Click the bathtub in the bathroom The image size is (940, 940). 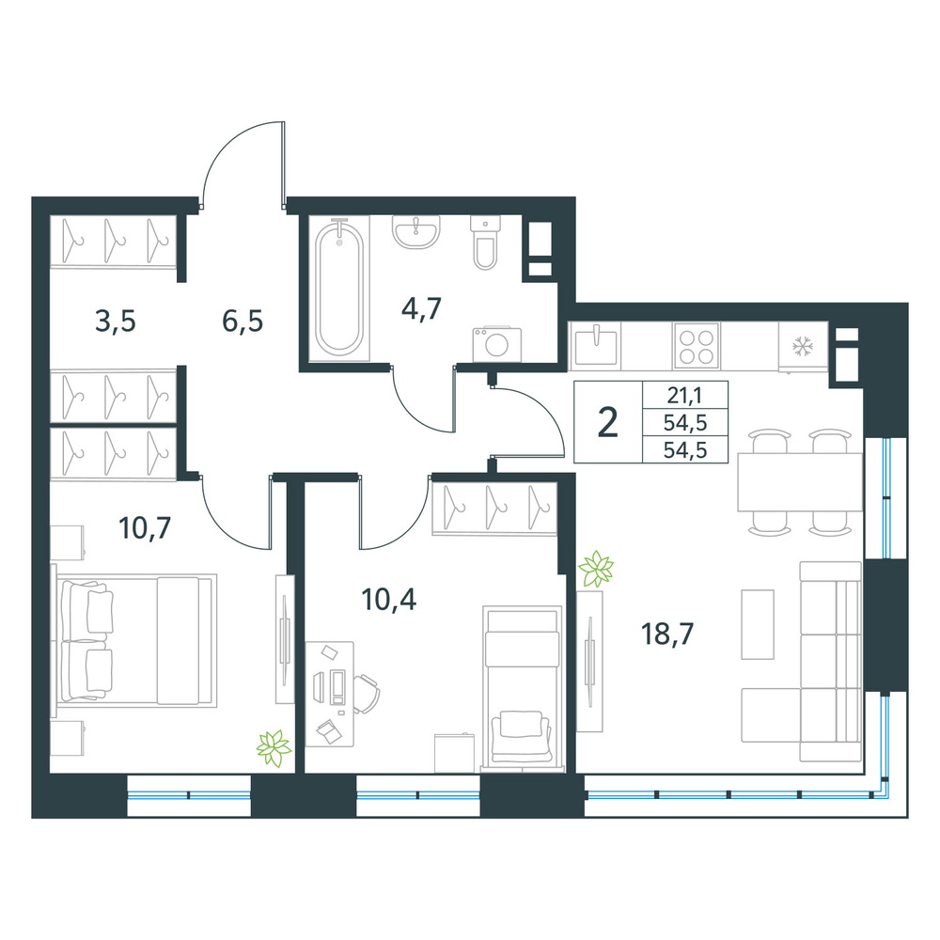(x=339, y=289)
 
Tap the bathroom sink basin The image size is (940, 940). (x=416, y=232)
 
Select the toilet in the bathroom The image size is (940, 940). (x=485, y=243)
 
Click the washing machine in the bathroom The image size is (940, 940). (x=497, y=344)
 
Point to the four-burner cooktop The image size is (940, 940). (x=696, y=346)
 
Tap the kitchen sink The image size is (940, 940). (x=596, y=346)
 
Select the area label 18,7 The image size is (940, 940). (x=667, y=634)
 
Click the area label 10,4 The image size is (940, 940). (x=389, y=599)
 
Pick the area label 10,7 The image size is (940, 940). (x=145, y=528)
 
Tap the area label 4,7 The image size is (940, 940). (x=421, y=309)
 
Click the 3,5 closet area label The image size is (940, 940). (x=115, y=321)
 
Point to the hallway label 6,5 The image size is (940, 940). (x=243, y=321)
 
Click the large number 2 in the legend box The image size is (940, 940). (x=608, y=422)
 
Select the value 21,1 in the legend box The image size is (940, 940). (x=684, y=395)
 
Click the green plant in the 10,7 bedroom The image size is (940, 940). (x=274, y=748)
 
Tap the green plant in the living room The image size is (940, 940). (x=596, y=569)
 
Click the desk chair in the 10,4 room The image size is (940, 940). (x=367, y=694)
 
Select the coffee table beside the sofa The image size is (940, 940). (x=757, y=625)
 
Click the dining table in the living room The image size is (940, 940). (x=800, y=482)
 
